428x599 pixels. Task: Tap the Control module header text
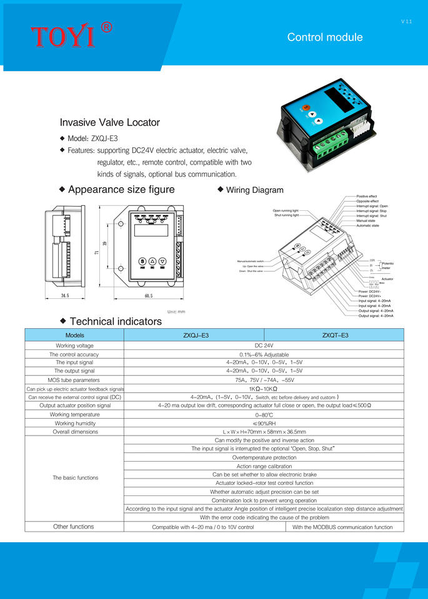(324, 37)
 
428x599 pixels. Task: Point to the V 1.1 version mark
(406, 22)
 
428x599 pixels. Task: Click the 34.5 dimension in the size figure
(64, 295)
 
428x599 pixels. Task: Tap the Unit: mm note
(177, 311)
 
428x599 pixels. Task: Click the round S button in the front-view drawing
(142, 261)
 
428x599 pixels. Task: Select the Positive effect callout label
(367, 197)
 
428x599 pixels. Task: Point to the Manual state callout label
(366, 221)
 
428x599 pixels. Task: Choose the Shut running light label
(287, 215)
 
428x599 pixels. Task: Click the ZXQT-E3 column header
(335, 335)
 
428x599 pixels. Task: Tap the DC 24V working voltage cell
(264, 345)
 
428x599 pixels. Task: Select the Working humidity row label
(74, 423)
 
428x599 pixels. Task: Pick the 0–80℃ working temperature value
(264, 414)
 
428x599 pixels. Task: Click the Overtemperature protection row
(264, 457)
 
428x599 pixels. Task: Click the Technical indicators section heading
(116, 322)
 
